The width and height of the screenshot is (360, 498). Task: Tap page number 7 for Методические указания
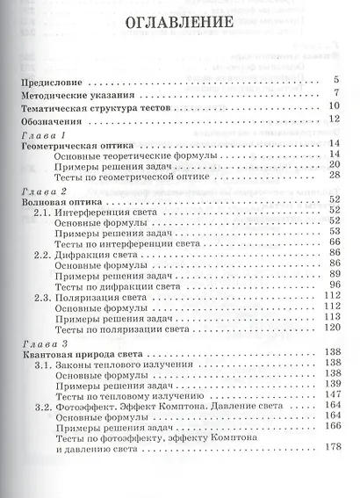[336, 92]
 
